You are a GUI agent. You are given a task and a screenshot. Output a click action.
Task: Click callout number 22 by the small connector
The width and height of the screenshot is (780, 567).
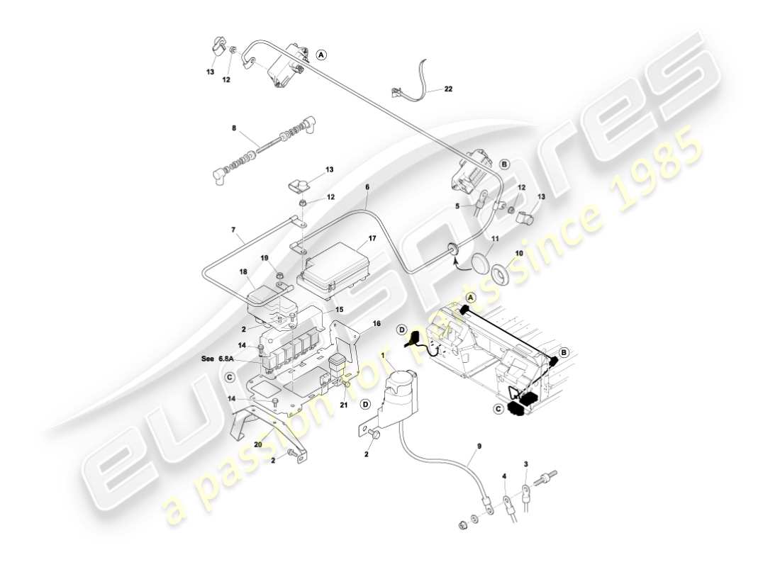pyautogui.click(x=448, y=89)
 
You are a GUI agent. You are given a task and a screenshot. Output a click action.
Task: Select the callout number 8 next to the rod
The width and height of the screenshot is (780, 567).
pyautogui.click(x=233, y=128)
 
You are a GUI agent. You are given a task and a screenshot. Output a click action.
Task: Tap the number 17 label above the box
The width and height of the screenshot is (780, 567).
pyautogui.click(x=372, y=239)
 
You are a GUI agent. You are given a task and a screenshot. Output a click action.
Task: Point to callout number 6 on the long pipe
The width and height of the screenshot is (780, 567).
pyautogui.click(x=367, y=187)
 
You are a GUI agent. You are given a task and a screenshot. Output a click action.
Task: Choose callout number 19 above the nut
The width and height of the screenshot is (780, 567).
pyautogui.click(x=263, y=258)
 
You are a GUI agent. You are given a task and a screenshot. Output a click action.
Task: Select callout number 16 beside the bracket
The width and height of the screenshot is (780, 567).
pyautogui.click(x=377, y=323)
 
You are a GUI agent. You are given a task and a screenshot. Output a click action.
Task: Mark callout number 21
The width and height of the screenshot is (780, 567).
pyautogui.click(x=344, y=405)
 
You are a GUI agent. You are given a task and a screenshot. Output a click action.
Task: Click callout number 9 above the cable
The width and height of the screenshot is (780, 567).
pyautogui.click(x=479, y=447)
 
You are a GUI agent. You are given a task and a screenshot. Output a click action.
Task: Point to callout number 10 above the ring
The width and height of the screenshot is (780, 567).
pyautogui.click(x=519, y=253)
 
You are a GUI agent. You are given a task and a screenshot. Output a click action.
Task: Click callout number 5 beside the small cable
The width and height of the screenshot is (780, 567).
pyautogui.click(x=457, y=206)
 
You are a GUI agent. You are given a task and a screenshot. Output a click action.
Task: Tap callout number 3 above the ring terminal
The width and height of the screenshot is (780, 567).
pyautogui.click(x=526, y=464)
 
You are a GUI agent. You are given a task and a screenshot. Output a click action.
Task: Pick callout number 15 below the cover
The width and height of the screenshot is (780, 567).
pyautogui.click(x=339, y=309)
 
